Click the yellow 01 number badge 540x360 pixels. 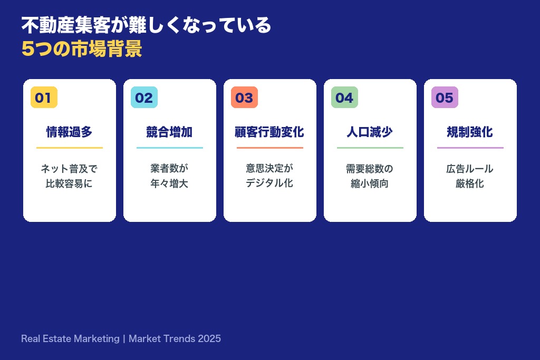tap(44, 98)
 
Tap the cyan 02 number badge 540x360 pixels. tap(144, 98)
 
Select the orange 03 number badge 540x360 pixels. tap(244, 98)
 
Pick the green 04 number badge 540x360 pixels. tap(344, 98)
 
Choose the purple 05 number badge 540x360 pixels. tap(445, 98)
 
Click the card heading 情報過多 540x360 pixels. tap(70, 132)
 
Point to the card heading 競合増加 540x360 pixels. tap(170, 132)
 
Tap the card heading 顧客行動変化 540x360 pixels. tap(270, 132)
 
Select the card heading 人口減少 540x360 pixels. tap(370, 132)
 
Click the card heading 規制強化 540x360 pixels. tap(470, 132)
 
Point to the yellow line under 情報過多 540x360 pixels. tap(70, 148)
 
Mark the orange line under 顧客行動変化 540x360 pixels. tap(270, 148)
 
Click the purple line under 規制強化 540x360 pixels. tap(470, 148)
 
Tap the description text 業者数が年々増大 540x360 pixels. tap(170, 176)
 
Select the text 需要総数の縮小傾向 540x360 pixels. tap(370, 176)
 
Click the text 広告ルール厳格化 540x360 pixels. tap(470, 176)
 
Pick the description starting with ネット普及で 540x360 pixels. tap(70, 176)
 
